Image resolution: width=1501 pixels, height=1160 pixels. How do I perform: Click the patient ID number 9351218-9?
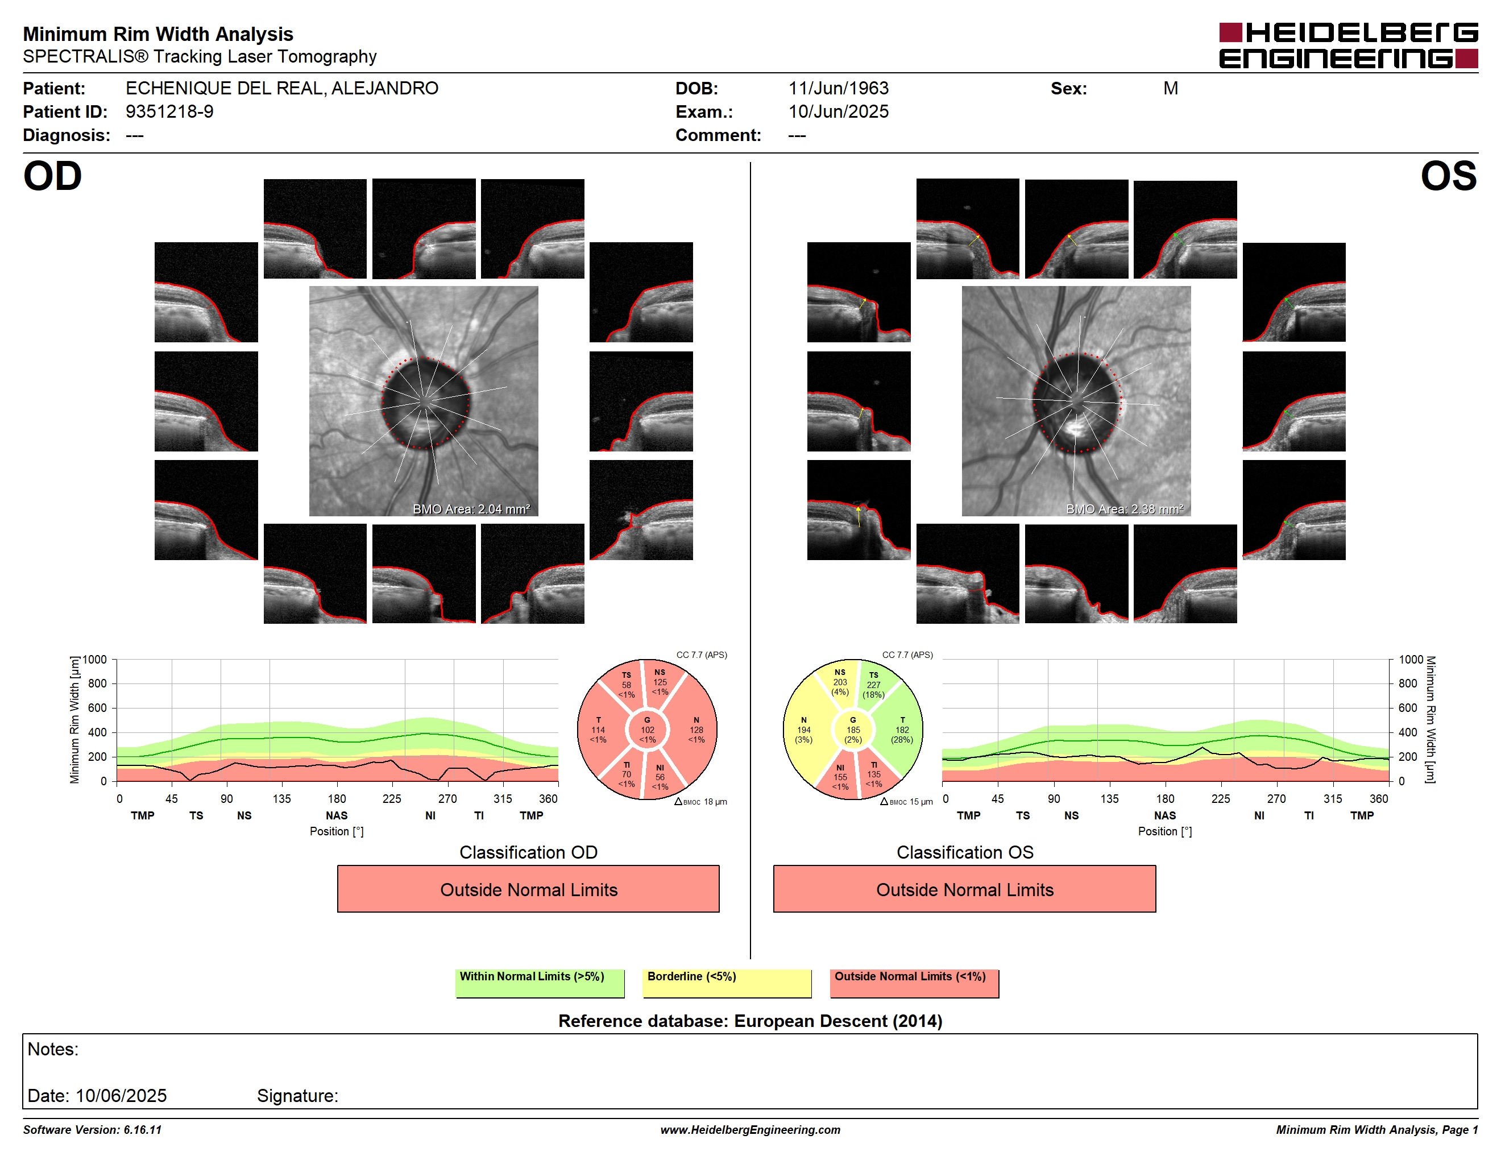pos(169,111)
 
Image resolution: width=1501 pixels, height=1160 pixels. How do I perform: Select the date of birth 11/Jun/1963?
pos(838,88)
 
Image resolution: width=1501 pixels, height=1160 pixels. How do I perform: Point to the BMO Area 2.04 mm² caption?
pos(471,509)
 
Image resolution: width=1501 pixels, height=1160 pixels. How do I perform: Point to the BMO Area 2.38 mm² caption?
pos(1125,509)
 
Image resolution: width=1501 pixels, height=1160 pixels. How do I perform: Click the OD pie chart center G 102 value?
pos(646,730)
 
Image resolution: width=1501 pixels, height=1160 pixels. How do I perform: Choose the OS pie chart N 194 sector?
pos(803,730)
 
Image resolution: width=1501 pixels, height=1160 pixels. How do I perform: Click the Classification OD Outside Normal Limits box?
pos(528,889)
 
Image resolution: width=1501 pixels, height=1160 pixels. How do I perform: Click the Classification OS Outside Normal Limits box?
pos(964,889)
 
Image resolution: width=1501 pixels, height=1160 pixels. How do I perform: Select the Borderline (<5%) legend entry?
pos(727,983)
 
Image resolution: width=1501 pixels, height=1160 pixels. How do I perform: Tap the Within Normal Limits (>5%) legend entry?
pos(540,983)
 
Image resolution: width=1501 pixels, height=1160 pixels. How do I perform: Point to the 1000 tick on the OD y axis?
pos(95,660)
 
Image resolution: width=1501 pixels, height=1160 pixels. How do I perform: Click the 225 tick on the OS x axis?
pos(1221,798)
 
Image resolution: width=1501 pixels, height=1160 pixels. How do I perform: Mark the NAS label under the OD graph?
pos(337,815)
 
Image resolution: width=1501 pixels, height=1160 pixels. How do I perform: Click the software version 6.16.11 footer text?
pos(92,1130)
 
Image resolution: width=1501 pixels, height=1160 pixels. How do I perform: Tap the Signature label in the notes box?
pos(297,1095)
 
